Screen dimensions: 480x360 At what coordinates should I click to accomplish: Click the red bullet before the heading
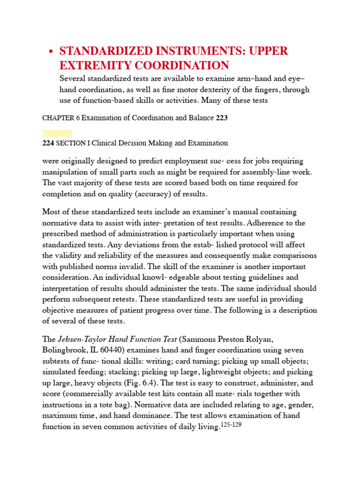[51, 52]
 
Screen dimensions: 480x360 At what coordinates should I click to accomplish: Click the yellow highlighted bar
[57, 133]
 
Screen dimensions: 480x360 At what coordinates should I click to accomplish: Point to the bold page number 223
[222, 118]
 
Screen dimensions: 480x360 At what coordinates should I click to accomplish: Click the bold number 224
[48, 143]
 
